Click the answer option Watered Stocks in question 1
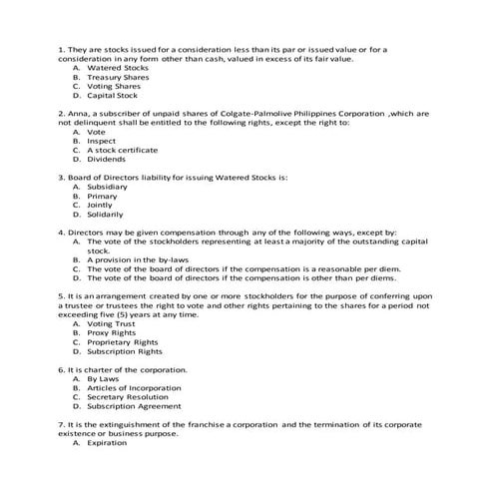pos(111,68)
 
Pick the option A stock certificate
pos(122,150)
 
